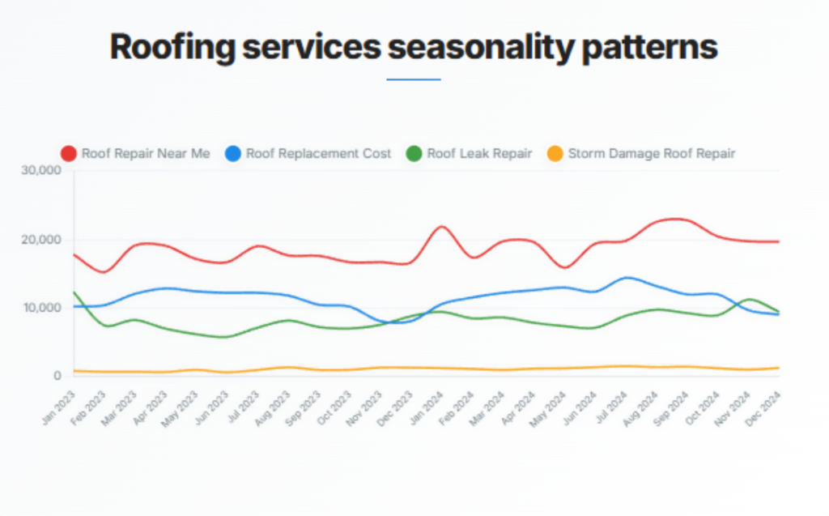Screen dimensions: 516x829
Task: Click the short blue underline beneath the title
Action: click(414, 79)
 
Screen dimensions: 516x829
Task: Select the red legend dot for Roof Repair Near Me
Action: click(69, 154)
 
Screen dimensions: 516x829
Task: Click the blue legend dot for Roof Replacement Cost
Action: click(233, 154)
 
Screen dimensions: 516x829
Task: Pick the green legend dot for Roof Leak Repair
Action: click(414, 154)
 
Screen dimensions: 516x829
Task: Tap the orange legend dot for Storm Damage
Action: click(555, 154)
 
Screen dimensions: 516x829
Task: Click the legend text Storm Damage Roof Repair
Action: click(652, 154)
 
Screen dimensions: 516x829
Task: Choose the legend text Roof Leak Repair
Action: click(479, 154)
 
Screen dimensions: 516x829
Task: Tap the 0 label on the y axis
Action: click(57, 376)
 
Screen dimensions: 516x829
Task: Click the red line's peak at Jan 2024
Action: click(441, 227)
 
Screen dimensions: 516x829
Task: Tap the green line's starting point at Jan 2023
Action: click(74, 292)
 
